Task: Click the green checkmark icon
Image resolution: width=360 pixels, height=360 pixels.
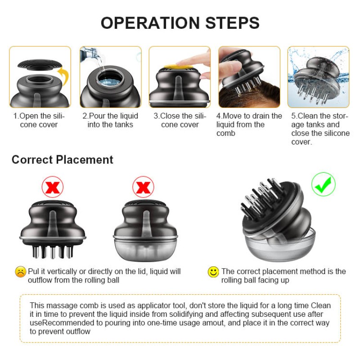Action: pos(323,184)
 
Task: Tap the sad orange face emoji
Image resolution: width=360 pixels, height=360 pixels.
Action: pos(20,272)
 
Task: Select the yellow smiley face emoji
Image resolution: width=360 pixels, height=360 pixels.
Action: pos(213,272)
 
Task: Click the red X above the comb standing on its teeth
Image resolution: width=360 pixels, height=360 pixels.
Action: pos(53,187)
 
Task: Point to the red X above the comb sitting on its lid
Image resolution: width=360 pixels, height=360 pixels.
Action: pos(143,187)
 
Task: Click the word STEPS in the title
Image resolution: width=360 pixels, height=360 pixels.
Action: pos(232,23)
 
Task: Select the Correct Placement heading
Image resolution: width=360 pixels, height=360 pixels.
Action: pos(63,160)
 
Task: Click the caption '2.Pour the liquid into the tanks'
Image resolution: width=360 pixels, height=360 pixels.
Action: pos(110,120)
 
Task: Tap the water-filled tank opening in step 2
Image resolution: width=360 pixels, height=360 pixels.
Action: pos(111,79)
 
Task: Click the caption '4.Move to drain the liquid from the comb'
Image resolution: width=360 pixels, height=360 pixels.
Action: pos(249,125)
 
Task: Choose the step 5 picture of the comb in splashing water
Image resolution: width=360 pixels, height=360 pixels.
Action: pos(319,77)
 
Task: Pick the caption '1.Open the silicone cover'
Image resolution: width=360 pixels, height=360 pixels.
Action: pos(39,120)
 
